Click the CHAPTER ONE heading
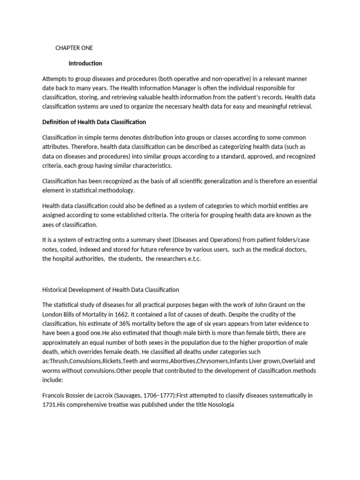(74, 48)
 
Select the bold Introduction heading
(85, 63)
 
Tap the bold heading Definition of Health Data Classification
(94, 122)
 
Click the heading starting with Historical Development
(111, 290)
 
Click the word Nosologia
(219, 405)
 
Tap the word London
(53, 314)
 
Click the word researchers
(166, 259)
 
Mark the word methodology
(118, 190)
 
